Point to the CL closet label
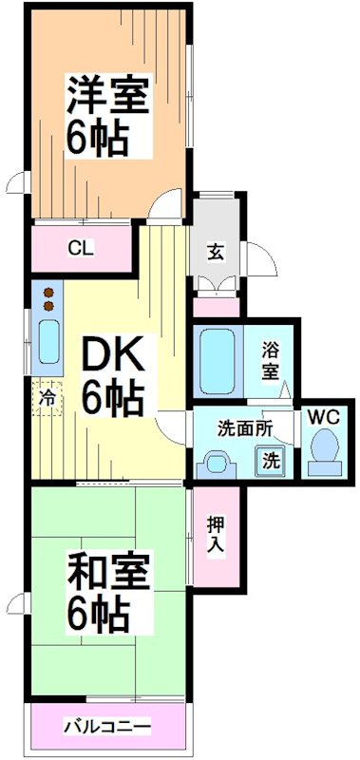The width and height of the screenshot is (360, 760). point(80,249)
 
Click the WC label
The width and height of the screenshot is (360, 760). point(323,416)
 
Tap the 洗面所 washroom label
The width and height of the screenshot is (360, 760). point(245,427)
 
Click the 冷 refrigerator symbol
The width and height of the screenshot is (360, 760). point(47,400)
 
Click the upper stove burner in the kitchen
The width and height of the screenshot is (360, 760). point(46,293)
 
